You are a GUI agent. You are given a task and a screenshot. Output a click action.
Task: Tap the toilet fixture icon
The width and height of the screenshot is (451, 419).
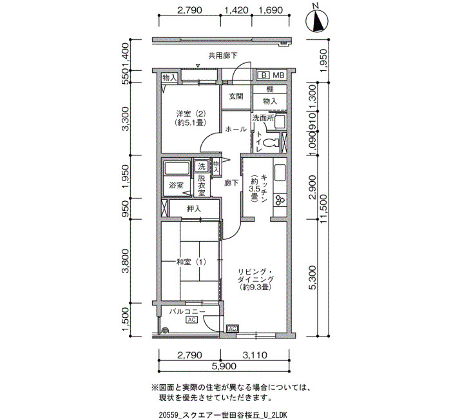tap(272, 142)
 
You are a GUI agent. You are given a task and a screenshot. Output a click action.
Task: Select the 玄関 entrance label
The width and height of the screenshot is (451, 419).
tap(236, 96)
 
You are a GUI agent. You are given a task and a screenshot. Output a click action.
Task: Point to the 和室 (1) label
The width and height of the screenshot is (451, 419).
tap(191, 262)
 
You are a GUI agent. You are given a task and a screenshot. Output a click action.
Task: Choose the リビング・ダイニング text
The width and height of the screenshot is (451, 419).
tap(256, 275)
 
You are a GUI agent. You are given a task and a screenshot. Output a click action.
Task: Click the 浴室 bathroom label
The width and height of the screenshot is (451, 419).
tap(176, 185)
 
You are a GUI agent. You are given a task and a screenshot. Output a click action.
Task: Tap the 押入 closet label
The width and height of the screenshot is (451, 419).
tap(194, 209)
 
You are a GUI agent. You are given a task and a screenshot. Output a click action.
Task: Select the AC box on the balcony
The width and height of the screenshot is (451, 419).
tap(192, 320)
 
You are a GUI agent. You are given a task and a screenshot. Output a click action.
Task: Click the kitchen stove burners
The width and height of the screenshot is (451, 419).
tap(280, 199)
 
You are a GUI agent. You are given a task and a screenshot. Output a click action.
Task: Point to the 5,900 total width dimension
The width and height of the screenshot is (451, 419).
tap(224, 365)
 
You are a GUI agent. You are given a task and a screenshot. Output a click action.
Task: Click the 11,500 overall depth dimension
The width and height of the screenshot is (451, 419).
tap(324, 209)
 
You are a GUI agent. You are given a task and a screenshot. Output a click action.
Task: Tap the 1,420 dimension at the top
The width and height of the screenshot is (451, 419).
tap(236, 10)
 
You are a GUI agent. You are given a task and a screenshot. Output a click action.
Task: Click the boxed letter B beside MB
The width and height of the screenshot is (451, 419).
tap(264, 75)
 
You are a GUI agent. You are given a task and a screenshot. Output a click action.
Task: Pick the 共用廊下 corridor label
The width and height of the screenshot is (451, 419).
tap(223, 55)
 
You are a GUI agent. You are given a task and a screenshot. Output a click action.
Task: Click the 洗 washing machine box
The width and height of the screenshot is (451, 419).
tap(202, 166)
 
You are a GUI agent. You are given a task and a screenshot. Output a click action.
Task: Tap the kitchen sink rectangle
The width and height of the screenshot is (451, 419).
tap(280, 172)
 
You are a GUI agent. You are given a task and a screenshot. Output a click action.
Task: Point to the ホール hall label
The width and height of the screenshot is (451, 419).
tap(236, 129)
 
